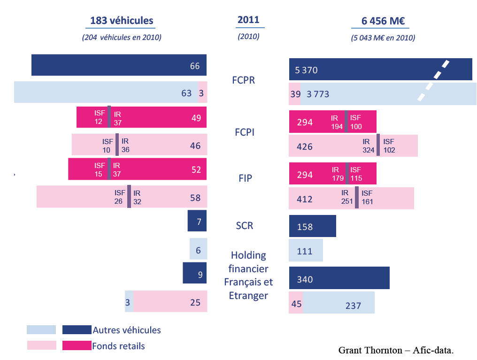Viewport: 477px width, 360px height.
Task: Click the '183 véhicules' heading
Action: pyautogui.click(x=122, y=21)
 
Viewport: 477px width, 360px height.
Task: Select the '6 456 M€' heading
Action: pyautogui.click(x=383, y=21)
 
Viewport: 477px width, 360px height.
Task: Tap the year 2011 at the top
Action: pyautogui.click(x=248, y=20)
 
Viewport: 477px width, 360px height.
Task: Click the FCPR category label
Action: pyautogui.click(x=243, y=80)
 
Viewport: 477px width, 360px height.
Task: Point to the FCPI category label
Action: pyautogui.click(x=244, y=132)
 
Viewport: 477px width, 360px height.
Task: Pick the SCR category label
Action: pyautogui.click(x=244, y=226)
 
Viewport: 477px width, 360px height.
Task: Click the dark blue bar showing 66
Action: pyautogui.click(x=119, y=65)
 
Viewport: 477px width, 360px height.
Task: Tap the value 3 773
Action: pyautogui.click(x=318, y=94)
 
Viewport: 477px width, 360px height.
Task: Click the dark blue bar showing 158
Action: pyautogui.click(x=312, y=226)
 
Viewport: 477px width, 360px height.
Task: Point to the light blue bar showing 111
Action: pyautogui.click(x=306, y=251)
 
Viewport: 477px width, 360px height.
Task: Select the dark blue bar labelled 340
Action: pyautogui.click(x=339, y=278)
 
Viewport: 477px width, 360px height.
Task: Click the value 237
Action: pyautogui.click(x=353, y=306)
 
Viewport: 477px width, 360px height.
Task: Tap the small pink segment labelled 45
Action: pyautogui.click(x=296, y=304)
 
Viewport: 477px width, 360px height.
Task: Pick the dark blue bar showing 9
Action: pyautogui.click(x=195, y=273)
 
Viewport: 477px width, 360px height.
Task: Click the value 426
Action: pyautogui.click(x=305, y=146)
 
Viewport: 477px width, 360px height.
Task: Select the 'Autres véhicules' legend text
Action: pyautogui.click(x=127, y=330)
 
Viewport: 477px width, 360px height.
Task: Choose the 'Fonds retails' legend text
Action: pyautogui.click(x=119, y=346)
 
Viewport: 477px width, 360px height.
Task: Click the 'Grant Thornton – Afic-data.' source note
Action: pyautogui.click(x=396, y=350)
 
